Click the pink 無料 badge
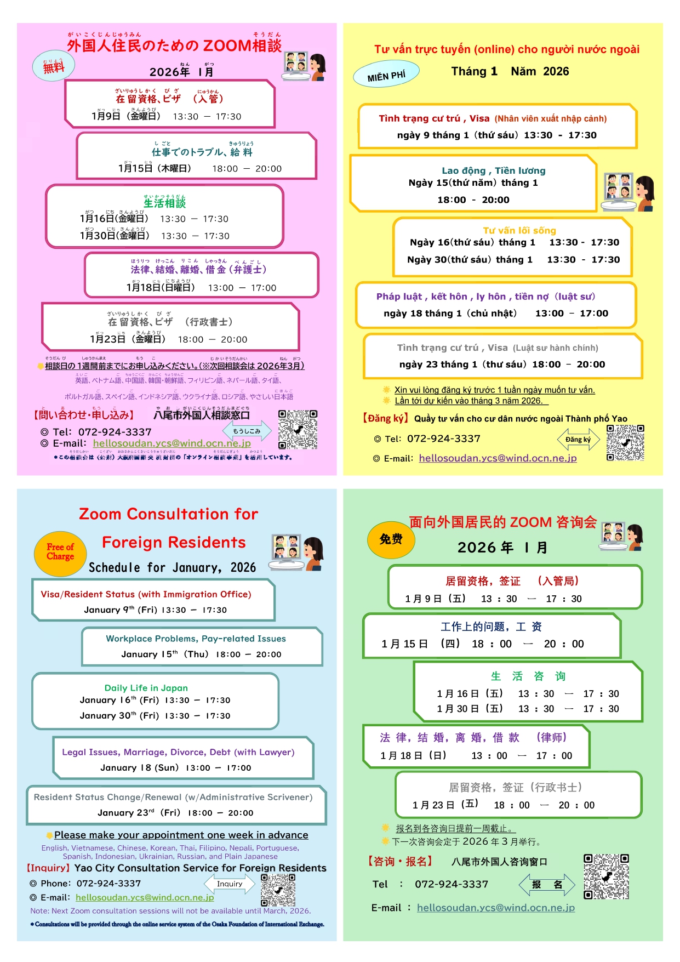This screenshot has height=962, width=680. [54, 66]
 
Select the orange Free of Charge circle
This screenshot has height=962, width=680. [60, 552]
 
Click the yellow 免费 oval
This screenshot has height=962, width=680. [391, 539]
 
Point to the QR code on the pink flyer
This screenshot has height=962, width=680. [298, 429]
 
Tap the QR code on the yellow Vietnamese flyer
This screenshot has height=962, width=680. [625, 442]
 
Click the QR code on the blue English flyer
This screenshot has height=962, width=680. [278, 890]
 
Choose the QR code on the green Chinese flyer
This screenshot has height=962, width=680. [606, 876]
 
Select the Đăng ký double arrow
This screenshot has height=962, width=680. [579, 440]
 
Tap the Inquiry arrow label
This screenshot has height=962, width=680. [230, 884]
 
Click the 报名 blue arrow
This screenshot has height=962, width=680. [547, 884]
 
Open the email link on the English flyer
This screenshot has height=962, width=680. [145, 897]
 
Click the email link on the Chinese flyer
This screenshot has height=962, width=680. [495, 908]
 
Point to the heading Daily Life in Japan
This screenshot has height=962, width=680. [146, 688]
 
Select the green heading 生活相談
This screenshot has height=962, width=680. [165, 203]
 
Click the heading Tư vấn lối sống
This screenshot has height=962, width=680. [519, 231]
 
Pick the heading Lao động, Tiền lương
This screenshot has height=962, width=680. [494, 170]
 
